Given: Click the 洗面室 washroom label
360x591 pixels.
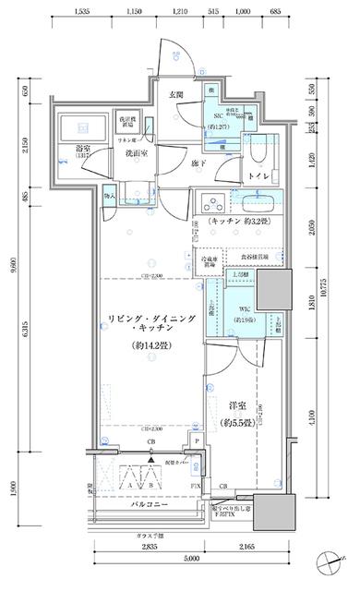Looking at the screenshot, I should (x=126, y=153).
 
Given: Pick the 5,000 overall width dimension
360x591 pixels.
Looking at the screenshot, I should (x=191, y=559).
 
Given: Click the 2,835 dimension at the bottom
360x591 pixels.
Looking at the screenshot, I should (x=148, y=547).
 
